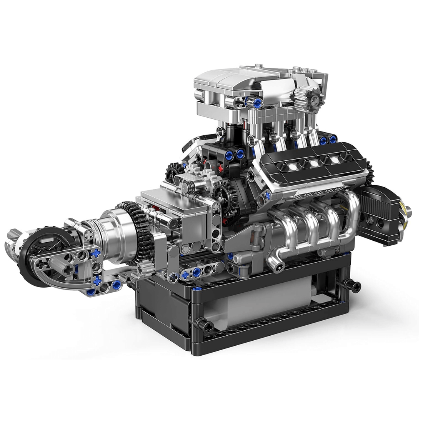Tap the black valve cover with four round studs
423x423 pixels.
tap(313, 163)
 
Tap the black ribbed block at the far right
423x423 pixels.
tap(379, 213)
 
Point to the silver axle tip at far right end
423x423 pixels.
tap(408, 211)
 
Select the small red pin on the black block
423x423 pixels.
tap(221, 168)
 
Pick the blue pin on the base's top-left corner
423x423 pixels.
tap(197, 288)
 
